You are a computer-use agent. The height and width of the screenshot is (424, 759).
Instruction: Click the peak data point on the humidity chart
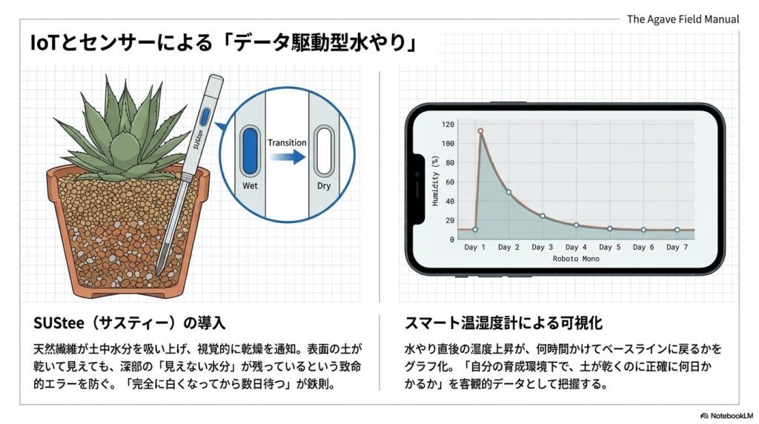[480, 131]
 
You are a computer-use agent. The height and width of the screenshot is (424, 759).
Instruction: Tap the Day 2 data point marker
[508, 192]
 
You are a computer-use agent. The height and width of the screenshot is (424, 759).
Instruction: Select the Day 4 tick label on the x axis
[576, 247]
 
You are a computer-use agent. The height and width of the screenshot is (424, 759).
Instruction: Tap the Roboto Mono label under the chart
[576, 259]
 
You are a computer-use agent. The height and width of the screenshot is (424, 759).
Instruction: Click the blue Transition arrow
[286, 157]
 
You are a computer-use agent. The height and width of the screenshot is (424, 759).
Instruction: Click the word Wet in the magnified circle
[249, 186]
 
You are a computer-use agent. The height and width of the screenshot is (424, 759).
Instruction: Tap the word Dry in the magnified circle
[324, 186]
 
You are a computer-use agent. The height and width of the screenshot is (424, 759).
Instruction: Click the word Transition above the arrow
[287, 142]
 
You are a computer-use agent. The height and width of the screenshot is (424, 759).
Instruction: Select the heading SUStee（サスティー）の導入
[130, 324]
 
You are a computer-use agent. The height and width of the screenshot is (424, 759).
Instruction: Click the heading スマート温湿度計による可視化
[503, 324]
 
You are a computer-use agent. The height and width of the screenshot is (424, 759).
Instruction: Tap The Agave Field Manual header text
[683, 19]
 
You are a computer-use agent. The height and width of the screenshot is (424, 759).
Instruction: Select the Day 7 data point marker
[677, 230]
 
